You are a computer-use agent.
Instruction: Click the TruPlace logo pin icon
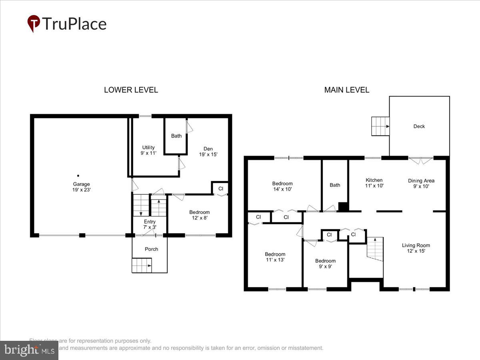tap(34, 23)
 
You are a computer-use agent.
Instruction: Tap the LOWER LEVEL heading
tap(131, 90)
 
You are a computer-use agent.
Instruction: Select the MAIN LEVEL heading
tap(346, 90)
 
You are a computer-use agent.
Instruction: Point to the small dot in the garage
tap(78, 176)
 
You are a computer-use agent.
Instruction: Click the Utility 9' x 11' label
tap(148, 150)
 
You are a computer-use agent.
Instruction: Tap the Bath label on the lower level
tap(176, 136)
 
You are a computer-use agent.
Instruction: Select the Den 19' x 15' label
tap(208, 152)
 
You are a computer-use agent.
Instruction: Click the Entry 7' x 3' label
tap(150, 224)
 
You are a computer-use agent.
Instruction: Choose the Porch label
tap(151, 249)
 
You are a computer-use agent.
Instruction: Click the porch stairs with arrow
tap(142, 265)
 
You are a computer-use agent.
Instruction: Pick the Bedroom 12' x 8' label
tap(199, 215)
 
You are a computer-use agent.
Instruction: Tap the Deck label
tap(419, 126)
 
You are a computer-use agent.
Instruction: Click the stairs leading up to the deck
tap(380, 126)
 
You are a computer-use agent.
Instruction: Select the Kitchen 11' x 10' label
tap(374, 183)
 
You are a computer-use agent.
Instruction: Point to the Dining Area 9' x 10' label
tap(421, 183)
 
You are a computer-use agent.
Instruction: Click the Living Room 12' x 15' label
tap(416, 248)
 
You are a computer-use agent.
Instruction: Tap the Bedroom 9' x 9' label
tap(325, 264)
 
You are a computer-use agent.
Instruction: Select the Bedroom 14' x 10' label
tap(282, 186)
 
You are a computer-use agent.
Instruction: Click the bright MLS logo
tap(29, 350)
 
